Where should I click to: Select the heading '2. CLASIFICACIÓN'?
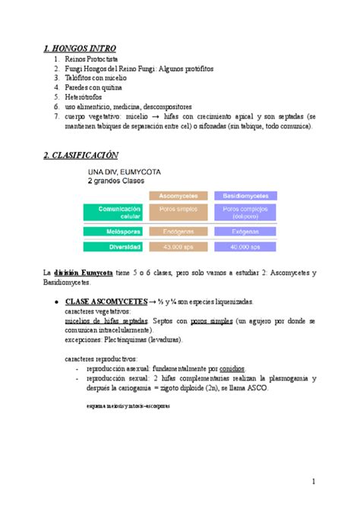tap(81, 155)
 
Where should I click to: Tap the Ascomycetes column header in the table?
tap(178, 195)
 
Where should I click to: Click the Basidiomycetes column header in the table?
tap(245, 195)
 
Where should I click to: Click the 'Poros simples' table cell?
tap(178, 208)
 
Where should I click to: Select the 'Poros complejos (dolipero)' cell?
tap(245, 211)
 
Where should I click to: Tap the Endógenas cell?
tap(178, 231)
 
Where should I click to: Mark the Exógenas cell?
tap(245, 231)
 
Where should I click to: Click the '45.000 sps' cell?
tap(178, 246)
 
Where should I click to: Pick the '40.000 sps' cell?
tap(245, 246)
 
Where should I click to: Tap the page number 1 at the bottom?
tap(313, 481)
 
